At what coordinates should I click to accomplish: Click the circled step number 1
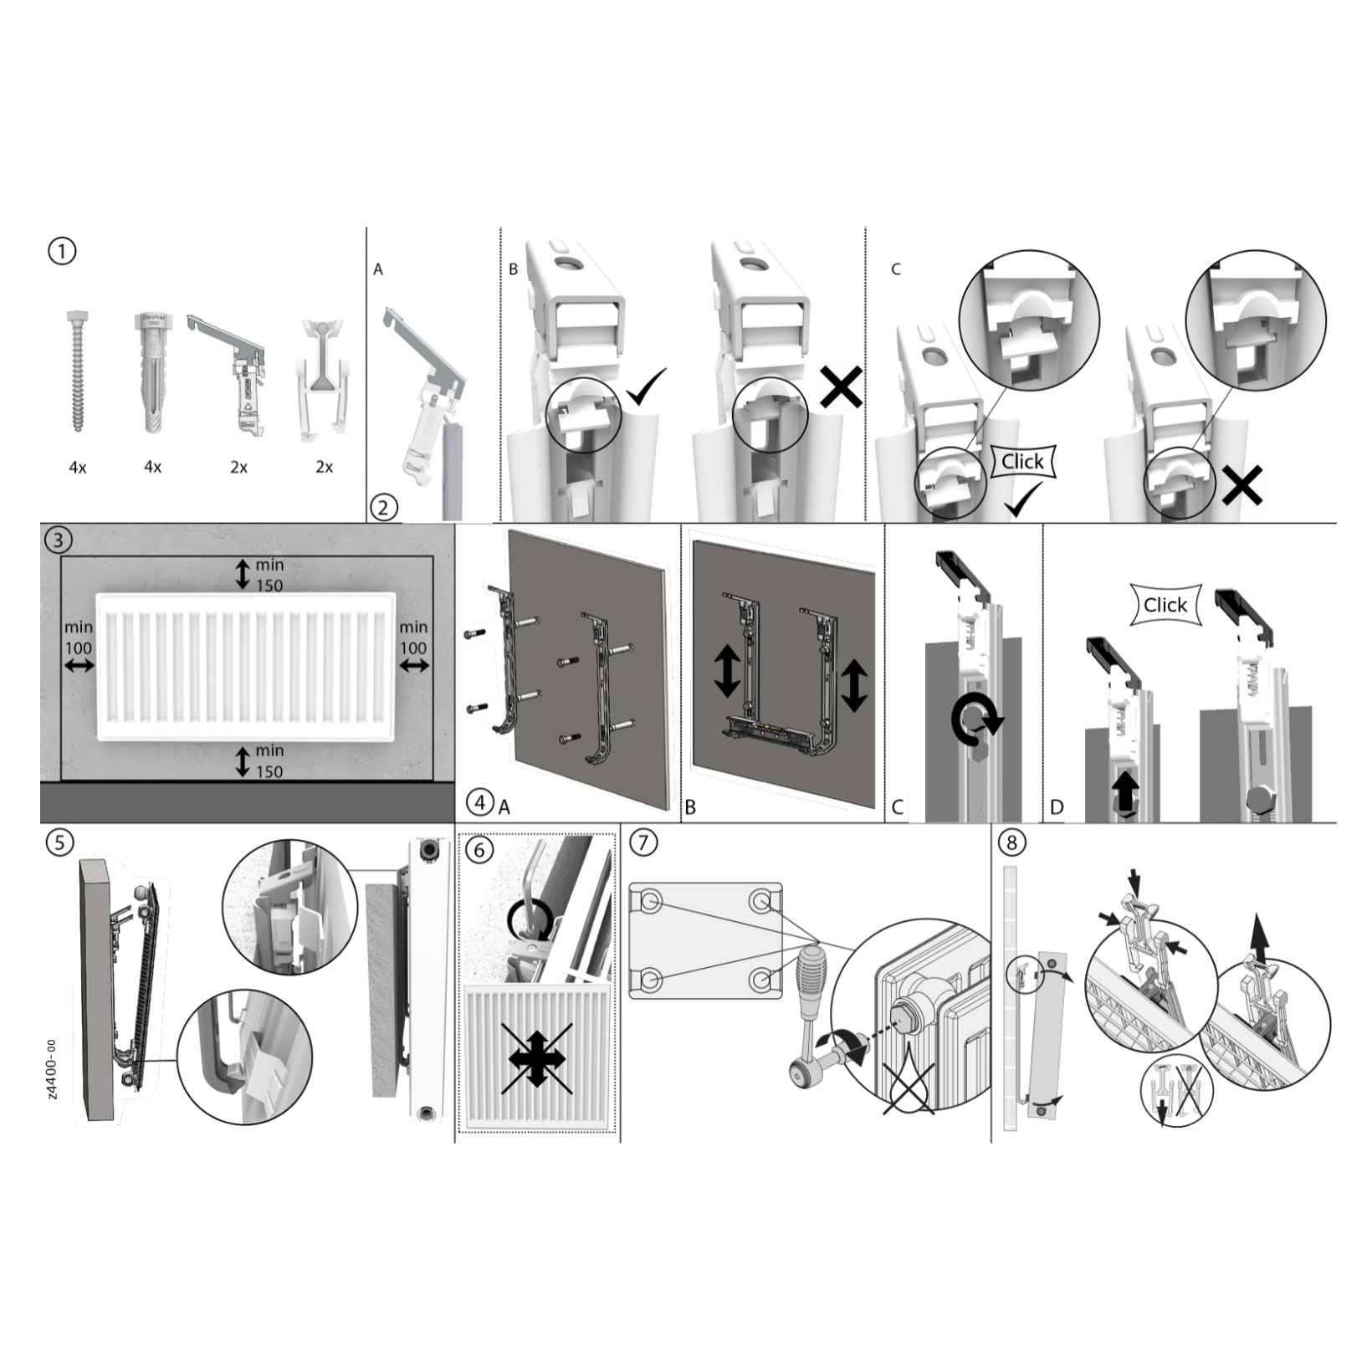click(x=62, y=251)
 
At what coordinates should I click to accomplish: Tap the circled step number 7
click(x=642, y=842)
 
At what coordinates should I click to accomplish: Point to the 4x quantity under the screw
click(x=77, y=468)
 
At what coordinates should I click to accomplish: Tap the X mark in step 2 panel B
click(x=841, y=387)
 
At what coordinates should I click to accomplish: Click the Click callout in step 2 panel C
click(x=1022, y=461)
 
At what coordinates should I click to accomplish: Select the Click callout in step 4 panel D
click(x=1165, y=605)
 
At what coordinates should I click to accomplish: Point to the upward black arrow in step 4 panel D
click(x=1126, y=790)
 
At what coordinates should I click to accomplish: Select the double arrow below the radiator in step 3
click(x=243, y=761)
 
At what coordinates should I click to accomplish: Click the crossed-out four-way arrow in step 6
click(x=537, y=1058)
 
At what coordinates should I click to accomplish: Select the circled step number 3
click(x=58, y=540)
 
